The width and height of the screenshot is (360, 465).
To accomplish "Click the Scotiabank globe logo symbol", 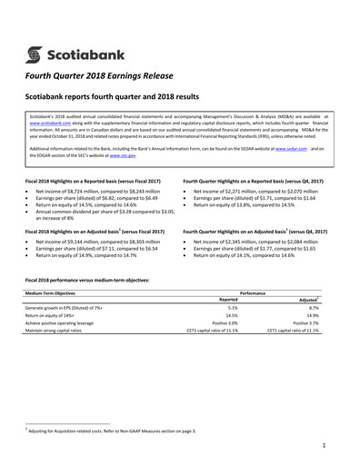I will click(x=37, y=42).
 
